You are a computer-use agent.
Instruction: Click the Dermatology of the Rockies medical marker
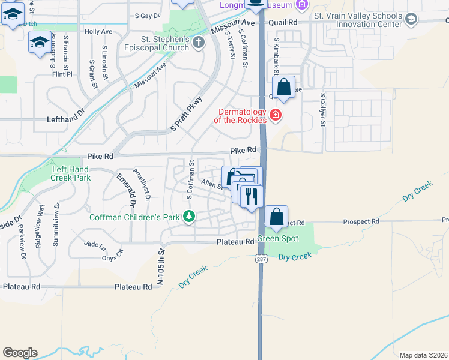tap(276, 115)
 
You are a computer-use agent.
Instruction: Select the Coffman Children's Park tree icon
tap(190, 216)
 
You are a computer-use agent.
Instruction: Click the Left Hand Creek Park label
tap(71, 173)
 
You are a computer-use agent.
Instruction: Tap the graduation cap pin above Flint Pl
tap(40, 43)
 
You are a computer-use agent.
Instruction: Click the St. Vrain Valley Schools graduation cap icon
tap(411, 20)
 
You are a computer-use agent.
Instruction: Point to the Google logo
tap(20, 352)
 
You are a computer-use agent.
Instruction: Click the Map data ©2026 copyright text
tap(423, 355)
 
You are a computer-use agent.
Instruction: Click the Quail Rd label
tap(283, 22)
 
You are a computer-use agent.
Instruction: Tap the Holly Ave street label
tap(99, 31)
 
